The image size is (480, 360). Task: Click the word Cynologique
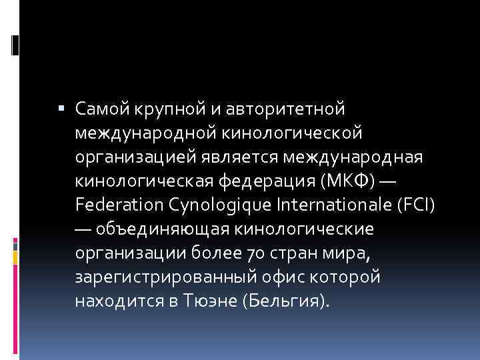220,204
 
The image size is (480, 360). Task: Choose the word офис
265,276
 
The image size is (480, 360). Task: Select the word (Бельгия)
287,300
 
